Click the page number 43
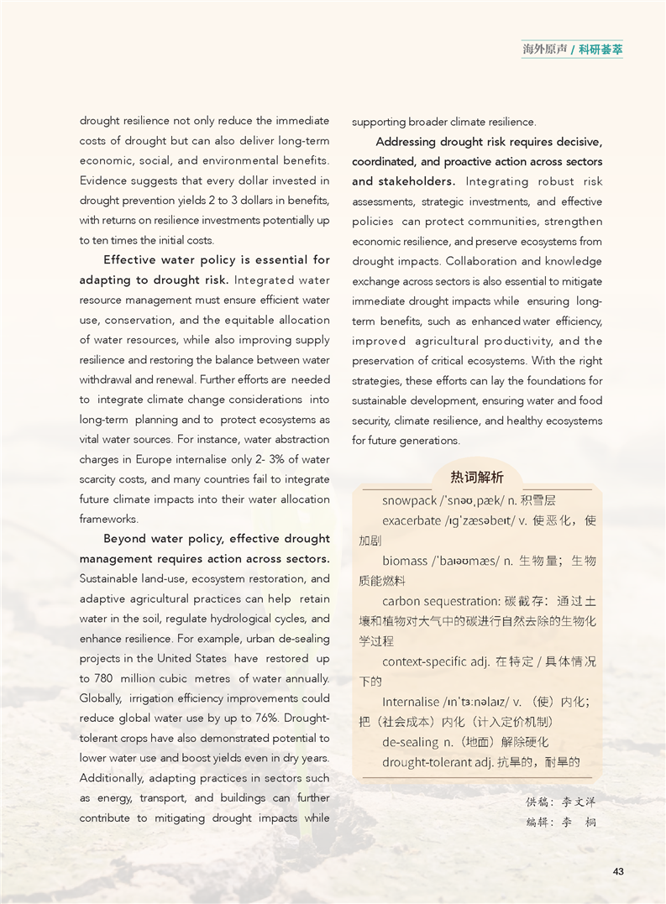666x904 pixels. tap(618, 872)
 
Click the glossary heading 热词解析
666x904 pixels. tap(477, 478)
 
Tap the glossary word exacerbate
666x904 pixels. tap(412, 520)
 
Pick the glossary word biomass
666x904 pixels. tap(406, 561)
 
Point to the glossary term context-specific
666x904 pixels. tap(424, 661)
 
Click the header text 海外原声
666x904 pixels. tap(545, 50)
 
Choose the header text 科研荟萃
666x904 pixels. tap(600, 50)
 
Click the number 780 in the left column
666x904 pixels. tap(102, 678)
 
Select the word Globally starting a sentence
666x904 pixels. tap(101, 698)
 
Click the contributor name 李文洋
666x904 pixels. tap(579, 802)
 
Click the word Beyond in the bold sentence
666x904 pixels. tap(124, 539)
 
